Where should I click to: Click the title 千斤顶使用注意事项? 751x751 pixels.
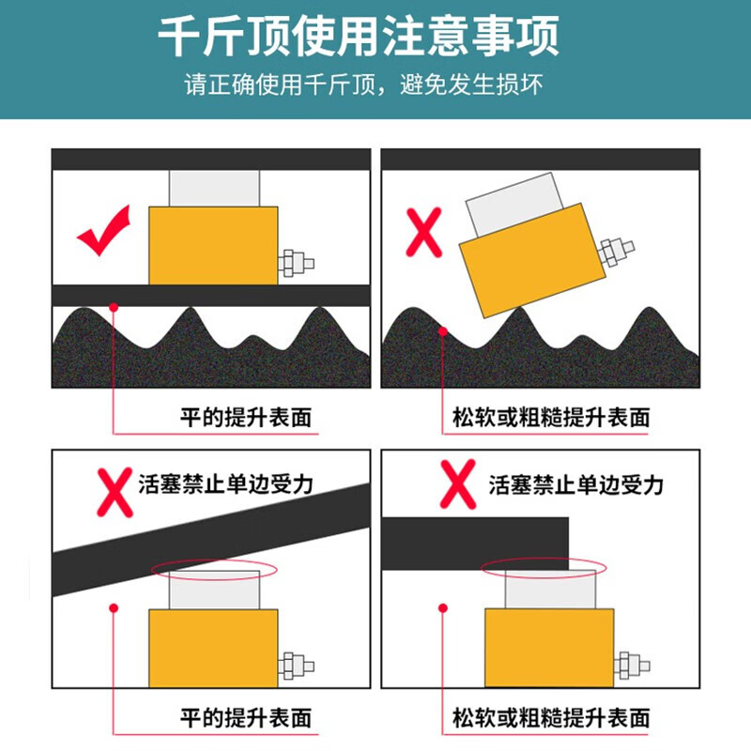tap(359, 37)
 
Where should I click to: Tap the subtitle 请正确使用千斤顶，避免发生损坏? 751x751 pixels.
tap(363, 84)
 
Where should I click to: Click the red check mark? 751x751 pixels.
tap(103, 230)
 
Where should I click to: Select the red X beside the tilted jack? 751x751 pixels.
tap(424, 233)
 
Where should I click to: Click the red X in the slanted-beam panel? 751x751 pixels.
tap(115, 492)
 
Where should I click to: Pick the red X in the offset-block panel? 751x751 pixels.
tap(458, 483)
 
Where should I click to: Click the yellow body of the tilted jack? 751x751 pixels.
tap(532, 260)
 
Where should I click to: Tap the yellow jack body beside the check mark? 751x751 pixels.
tap(213, 245)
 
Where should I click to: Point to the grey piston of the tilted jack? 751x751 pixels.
tap(514, 205)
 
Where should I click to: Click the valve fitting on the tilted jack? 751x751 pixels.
tap(617, 251)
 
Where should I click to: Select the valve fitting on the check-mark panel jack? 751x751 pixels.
tap(296, 263)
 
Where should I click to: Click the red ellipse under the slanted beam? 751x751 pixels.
tap(214, 570)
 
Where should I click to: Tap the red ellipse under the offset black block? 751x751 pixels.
tap(544, 568)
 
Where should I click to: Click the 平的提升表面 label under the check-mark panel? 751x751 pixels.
tap(246, 417)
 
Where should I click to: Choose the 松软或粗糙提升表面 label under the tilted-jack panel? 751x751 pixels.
tap(551, 417)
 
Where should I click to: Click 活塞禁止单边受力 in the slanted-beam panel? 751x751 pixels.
tap(226, 483)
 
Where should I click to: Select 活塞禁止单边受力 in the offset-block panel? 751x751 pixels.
tap(576, 484)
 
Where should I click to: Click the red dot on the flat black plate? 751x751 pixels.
tap(114, 307)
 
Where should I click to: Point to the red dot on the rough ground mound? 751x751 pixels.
tap(443, 331)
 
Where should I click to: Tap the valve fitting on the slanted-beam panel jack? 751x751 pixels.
tap(296, 666)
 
